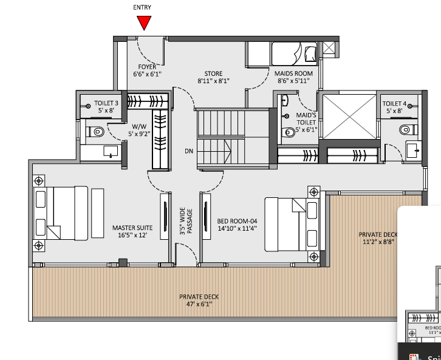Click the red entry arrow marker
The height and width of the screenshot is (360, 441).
(x=144, y=22)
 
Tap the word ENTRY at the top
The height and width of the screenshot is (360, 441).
(x=142, y=8)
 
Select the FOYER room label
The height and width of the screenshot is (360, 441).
(x=146, y=67)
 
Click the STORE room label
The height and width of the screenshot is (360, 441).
(x=213, y=73)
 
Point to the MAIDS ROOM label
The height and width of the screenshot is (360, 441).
(x=295, y=73)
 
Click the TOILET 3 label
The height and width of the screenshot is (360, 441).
(x=106, y=104)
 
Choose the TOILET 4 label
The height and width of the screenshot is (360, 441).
(x=395, y=104)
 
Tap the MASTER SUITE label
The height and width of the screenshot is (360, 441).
(x=132, y=228)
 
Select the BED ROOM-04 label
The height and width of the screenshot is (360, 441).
(x=237, y=222)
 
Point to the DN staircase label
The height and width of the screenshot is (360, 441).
(x=190, y=151)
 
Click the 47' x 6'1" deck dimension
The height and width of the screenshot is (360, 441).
(x=199, y=305)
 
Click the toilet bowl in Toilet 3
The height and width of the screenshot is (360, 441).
(x=97, y=131)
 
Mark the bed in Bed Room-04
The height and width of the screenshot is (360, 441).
(x=284, y=223)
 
